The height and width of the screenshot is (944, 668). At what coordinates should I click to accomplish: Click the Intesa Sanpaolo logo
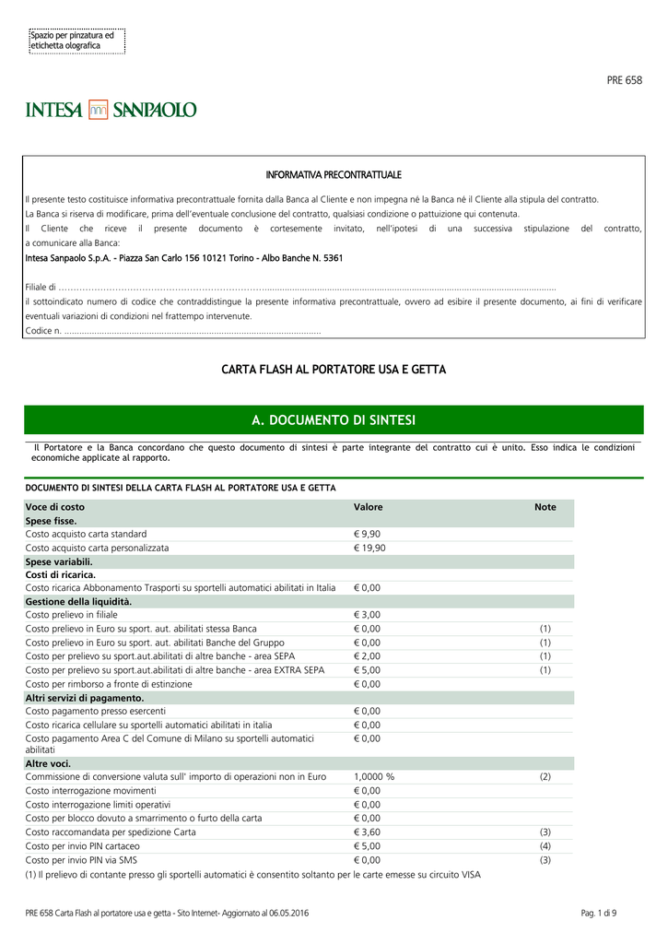[x=111, y=110]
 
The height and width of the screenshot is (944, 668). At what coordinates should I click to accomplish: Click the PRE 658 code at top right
[x=624, y=80]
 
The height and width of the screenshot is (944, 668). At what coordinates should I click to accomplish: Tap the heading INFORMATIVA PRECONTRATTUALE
[x=334, y=174]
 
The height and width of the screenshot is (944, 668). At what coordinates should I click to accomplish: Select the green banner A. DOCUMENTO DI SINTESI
[x=334, y=420]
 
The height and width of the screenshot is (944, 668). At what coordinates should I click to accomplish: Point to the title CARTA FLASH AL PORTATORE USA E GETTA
[x=334, y=370]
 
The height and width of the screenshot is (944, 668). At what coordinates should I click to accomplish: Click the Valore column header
[x=368, y=507]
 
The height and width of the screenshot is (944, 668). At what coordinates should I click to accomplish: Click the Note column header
[x=545, y=507]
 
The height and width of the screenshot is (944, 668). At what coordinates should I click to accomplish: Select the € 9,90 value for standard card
[x=367, y=534]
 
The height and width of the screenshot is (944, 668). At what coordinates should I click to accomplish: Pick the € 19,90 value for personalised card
[x=369, y=548]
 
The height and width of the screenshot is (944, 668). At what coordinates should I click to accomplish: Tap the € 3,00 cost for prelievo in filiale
[x=367, y=615]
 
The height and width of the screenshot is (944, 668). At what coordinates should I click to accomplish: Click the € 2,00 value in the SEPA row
[x=367, y=656]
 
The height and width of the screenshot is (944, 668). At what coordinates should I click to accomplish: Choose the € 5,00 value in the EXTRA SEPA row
[x=367, y=670]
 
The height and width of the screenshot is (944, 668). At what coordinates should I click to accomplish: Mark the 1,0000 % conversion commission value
[x=374, y=777]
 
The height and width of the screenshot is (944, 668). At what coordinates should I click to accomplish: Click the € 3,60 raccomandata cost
[x=367, y=832]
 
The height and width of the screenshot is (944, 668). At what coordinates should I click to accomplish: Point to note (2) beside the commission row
[x=545, y=777]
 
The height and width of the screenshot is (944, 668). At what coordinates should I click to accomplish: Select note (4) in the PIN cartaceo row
[x=545, y=845]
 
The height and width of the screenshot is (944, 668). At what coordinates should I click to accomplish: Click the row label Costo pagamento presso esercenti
[x=96, y=712]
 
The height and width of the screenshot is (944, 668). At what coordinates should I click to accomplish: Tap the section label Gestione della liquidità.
[x=78, y=601]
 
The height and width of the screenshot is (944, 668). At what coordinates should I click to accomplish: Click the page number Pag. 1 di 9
[x=599, y=913]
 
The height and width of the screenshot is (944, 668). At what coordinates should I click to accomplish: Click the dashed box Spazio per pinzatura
[x=77, y=41]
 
